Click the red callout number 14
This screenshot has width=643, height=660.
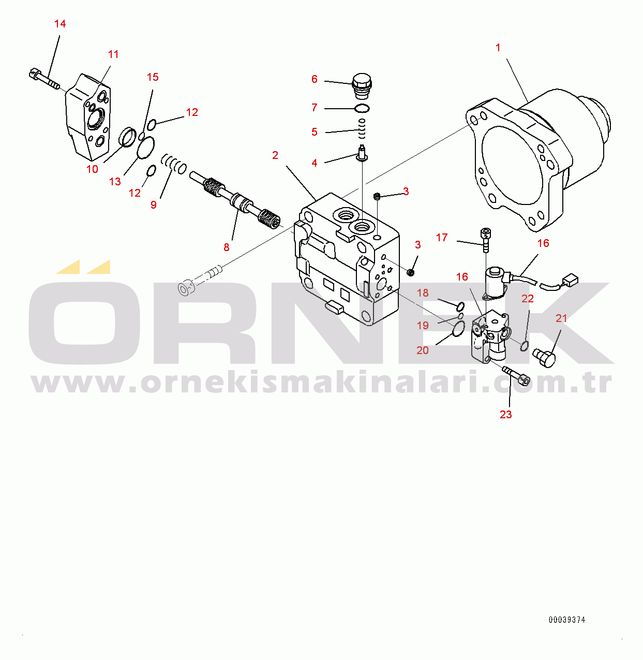click(60, 24)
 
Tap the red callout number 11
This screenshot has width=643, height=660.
click(113, 54)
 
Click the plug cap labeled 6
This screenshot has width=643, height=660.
click(362, 86)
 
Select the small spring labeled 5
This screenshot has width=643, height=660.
click(362, 128)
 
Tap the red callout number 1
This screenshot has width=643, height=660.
click(498, 48)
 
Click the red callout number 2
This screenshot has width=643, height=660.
click(275, 155)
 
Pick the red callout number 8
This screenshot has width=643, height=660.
click(227, 247)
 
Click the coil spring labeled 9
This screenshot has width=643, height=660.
click(173, 164)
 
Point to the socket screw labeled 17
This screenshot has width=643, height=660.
click(486, 240)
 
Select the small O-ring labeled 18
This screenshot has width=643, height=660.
click(460, 306)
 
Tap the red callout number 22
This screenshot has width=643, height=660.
click(528, 299)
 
